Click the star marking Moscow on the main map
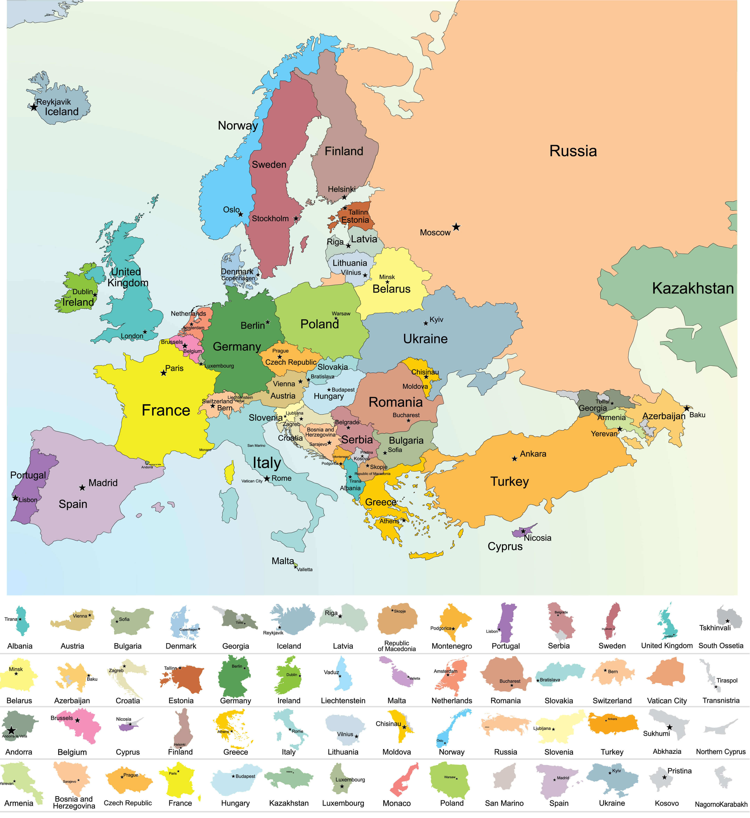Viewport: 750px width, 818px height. (456, 227)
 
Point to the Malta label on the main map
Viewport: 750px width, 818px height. (282, 561)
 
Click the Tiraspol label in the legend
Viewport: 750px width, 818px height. (727, 680)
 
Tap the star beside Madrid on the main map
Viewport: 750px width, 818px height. (82, 488)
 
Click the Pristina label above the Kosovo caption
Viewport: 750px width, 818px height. (679, 771)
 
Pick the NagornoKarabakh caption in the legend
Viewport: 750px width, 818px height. (721, 804)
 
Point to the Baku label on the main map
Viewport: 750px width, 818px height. (697, 415)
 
